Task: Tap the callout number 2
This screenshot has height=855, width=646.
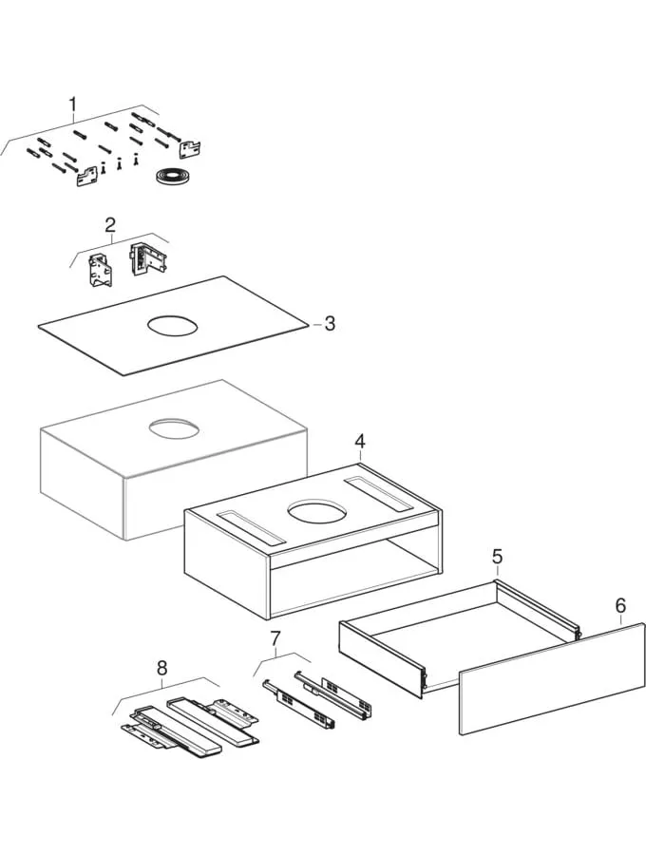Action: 110,224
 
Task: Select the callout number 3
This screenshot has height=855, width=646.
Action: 329,323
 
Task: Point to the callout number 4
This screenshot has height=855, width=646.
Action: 360,441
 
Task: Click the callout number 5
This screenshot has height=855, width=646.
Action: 496,556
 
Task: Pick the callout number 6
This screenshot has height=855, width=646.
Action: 619,605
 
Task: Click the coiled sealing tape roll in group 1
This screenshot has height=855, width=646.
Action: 172,177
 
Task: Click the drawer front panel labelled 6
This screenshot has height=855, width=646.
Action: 551,679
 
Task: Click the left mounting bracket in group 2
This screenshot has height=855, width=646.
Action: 101,271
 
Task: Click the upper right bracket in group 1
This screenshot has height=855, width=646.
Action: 191,147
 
